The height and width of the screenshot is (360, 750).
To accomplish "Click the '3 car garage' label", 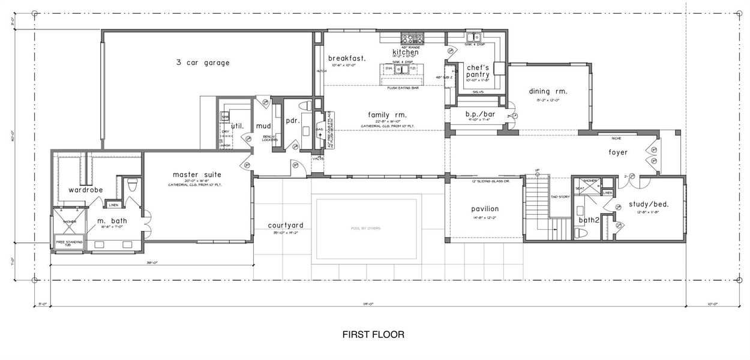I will pyautogui.click(x=203, y=62).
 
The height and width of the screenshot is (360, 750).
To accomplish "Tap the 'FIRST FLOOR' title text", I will pyautogui.click(x=373, y=334).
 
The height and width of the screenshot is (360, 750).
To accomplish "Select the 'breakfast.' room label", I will pyautogui.click(x=347, y=58).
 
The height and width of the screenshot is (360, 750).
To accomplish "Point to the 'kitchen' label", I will pyautogui.click(x=406, y=52).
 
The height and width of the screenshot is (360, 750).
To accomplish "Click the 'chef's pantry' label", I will pyautogui.click(x=478, y=71).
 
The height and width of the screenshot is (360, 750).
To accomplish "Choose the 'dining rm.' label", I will pyautogui.click(x=548, y=92).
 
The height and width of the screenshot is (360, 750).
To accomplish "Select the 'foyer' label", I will pyautogui.click(x=617, y=152).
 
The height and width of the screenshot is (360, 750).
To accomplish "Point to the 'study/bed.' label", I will pyautogui.click(x=648, y=204).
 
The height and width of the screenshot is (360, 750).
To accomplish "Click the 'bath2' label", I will pyautogui.click(x=589, y=220).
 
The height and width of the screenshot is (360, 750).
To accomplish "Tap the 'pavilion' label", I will pyautogui.click(x=485, y=209).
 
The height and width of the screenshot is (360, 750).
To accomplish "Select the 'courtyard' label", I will pyautogui.click(x=286, y=226).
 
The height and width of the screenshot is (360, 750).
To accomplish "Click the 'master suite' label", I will pyautogui.click(x=197, y=175).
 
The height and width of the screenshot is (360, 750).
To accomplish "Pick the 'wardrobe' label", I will pyautogui.click(x=85, y=190).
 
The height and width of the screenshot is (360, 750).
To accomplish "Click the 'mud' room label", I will pyautogui.click(x=264, y=126).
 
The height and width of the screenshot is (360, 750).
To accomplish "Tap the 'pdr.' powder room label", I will pyautogui.click(x=293, y=120).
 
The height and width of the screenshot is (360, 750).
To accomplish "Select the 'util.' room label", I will pyautogui.click(x=237, y=127).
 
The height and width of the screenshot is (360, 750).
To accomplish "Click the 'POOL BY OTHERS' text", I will pyautogui.click(x=365, y=229).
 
